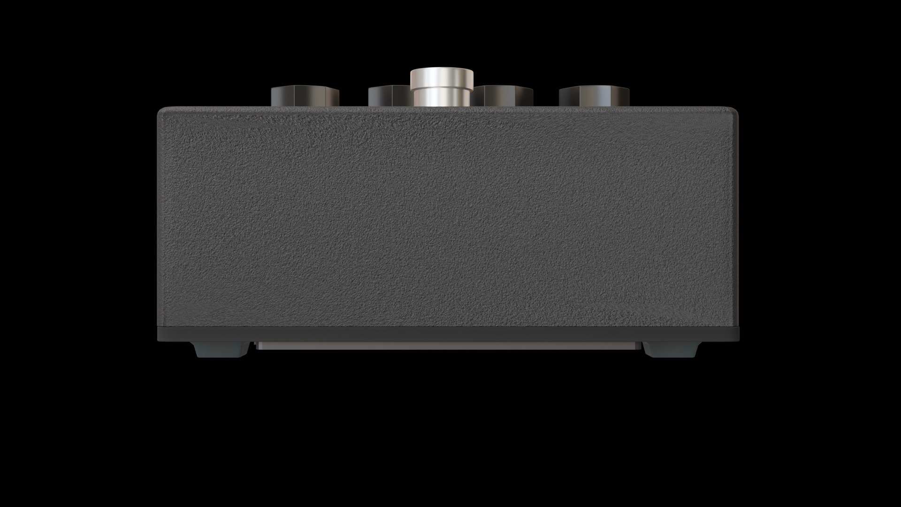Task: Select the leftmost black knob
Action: point(305,96)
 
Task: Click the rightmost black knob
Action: point(594,96)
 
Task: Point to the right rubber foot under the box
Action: point(671,349)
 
